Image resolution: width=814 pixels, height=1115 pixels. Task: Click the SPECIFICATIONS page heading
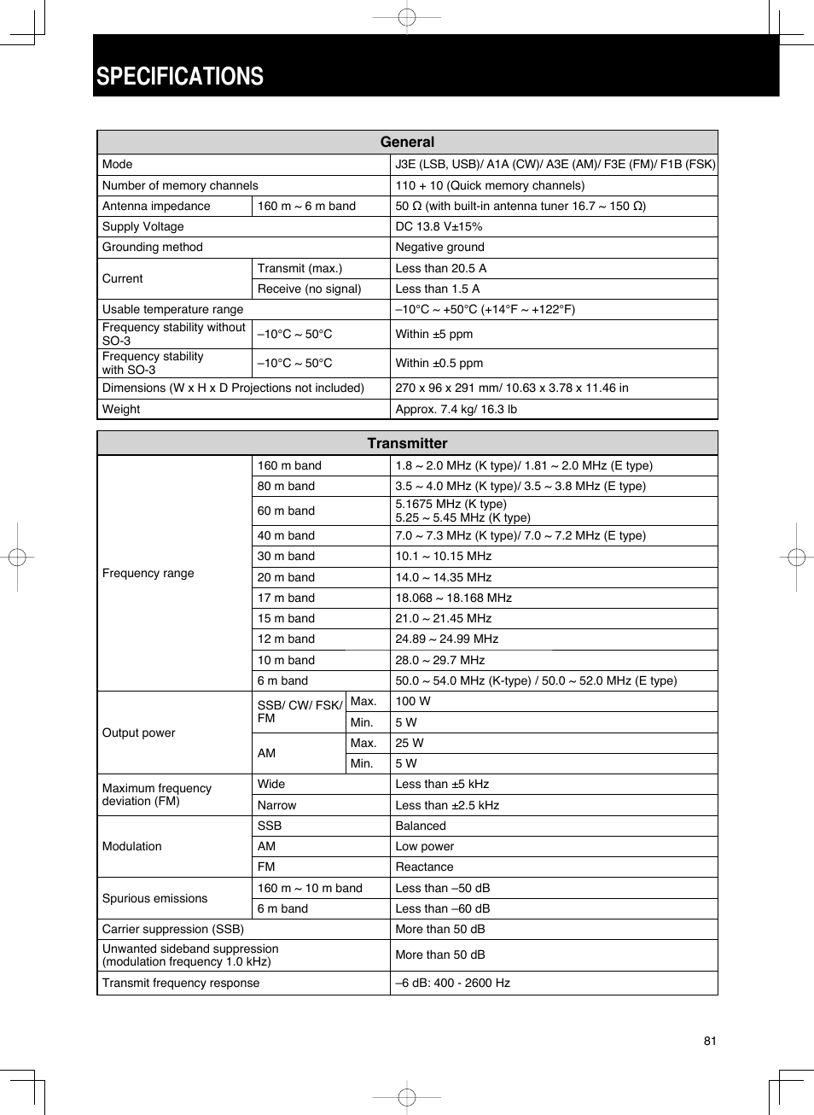click(180, 77)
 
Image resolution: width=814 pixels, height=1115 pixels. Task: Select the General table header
click(407, 143)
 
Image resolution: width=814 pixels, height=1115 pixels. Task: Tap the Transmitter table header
click(407, 443)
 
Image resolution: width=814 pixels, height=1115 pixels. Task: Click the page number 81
click(710, 1041)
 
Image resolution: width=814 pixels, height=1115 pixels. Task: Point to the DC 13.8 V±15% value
click(439, 227)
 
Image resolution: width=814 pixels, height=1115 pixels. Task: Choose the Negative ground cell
click(439, 248)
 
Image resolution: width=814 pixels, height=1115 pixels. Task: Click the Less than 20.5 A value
click(440, 268)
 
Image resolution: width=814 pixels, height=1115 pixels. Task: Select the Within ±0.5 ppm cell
click(439, 364)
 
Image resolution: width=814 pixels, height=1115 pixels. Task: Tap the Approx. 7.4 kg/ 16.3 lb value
click(456, 410)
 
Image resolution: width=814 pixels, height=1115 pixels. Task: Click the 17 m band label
click(286, 598)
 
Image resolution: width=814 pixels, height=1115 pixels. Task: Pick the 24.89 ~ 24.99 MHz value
click(446, 639)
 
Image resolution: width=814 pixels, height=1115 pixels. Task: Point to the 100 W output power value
click(413, 702)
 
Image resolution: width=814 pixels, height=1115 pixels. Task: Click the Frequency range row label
click(148, 574)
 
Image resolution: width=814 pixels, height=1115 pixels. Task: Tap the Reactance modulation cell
click(424, 867)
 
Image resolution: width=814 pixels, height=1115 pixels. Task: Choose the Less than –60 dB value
click(442, 909)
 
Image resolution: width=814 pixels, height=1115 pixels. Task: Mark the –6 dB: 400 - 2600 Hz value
click(452, 984)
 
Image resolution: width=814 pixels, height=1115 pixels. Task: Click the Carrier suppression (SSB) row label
click(173, 930)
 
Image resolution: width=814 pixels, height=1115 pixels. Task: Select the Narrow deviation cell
click(276, 806)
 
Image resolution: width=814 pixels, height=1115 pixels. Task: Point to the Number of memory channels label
click(180, 186)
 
